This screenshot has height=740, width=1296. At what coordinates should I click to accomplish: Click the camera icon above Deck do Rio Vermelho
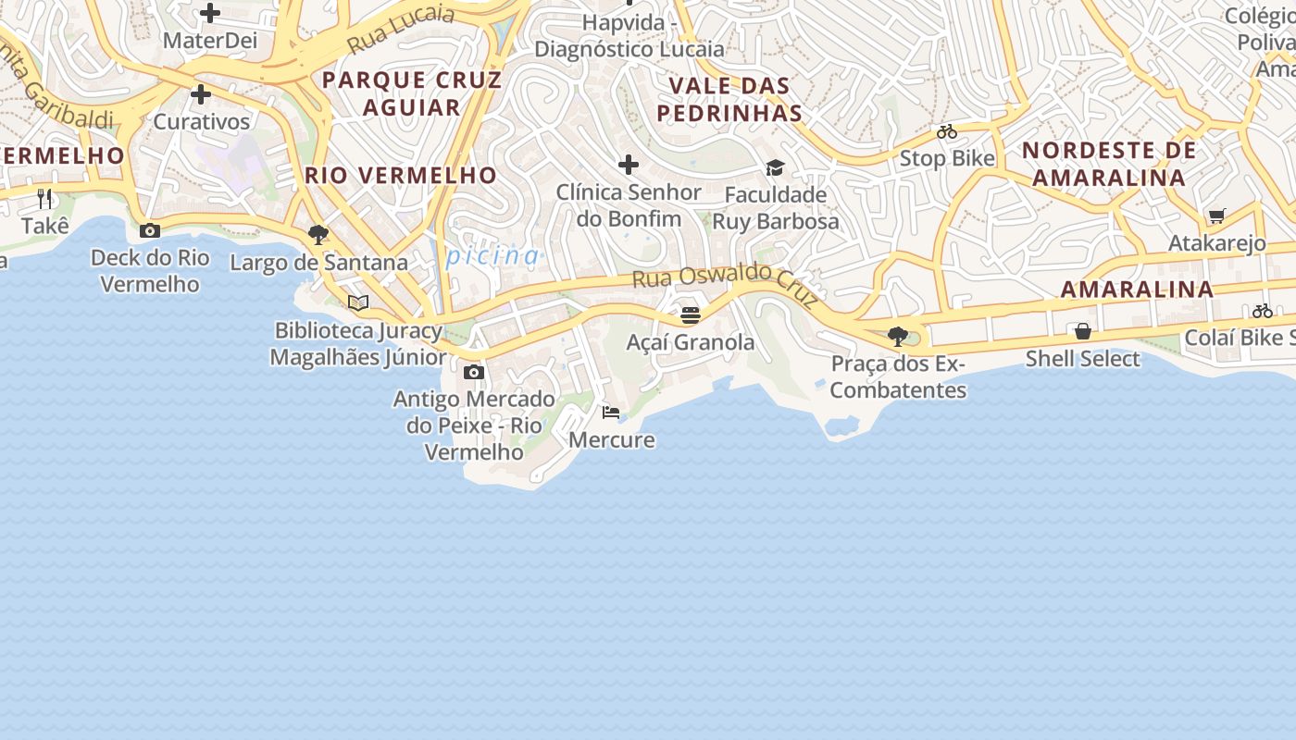150,230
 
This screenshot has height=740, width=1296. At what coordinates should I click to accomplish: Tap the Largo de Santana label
318,263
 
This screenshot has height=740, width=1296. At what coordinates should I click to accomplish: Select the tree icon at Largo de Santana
318,234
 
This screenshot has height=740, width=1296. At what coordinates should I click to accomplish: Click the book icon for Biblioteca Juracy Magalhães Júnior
358,302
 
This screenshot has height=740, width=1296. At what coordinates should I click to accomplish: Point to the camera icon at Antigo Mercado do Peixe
474,372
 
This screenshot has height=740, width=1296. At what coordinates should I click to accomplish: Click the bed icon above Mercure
611,412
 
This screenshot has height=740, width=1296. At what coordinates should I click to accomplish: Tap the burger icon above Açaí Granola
691,314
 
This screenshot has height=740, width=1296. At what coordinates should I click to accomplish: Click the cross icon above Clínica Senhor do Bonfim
629,165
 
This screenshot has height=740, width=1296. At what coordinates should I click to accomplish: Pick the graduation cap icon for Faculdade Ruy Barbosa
775,167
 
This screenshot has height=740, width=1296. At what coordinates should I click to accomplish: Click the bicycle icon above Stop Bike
947,131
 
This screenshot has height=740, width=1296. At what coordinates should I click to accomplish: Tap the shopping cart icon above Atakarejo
1216,216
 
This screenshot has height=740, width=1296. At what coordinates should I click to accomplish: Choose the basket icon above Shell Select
1082,330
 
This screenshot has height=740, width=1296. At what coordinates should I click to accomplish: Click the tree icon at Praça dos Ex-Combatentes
897,336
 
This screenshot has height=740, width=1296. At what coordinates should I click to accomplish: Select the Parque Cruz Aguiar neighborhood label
412,93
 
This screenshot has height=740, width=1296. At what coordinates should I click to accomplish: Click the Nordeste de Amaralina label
1109,164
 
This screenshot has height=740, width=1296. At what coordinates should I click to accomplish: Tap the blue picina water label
492,255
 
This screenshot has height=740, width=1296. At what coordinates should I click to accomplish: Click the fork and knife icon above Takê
44,198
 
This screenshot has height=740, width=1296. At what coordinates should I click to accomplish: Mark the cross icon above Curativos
201,94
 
